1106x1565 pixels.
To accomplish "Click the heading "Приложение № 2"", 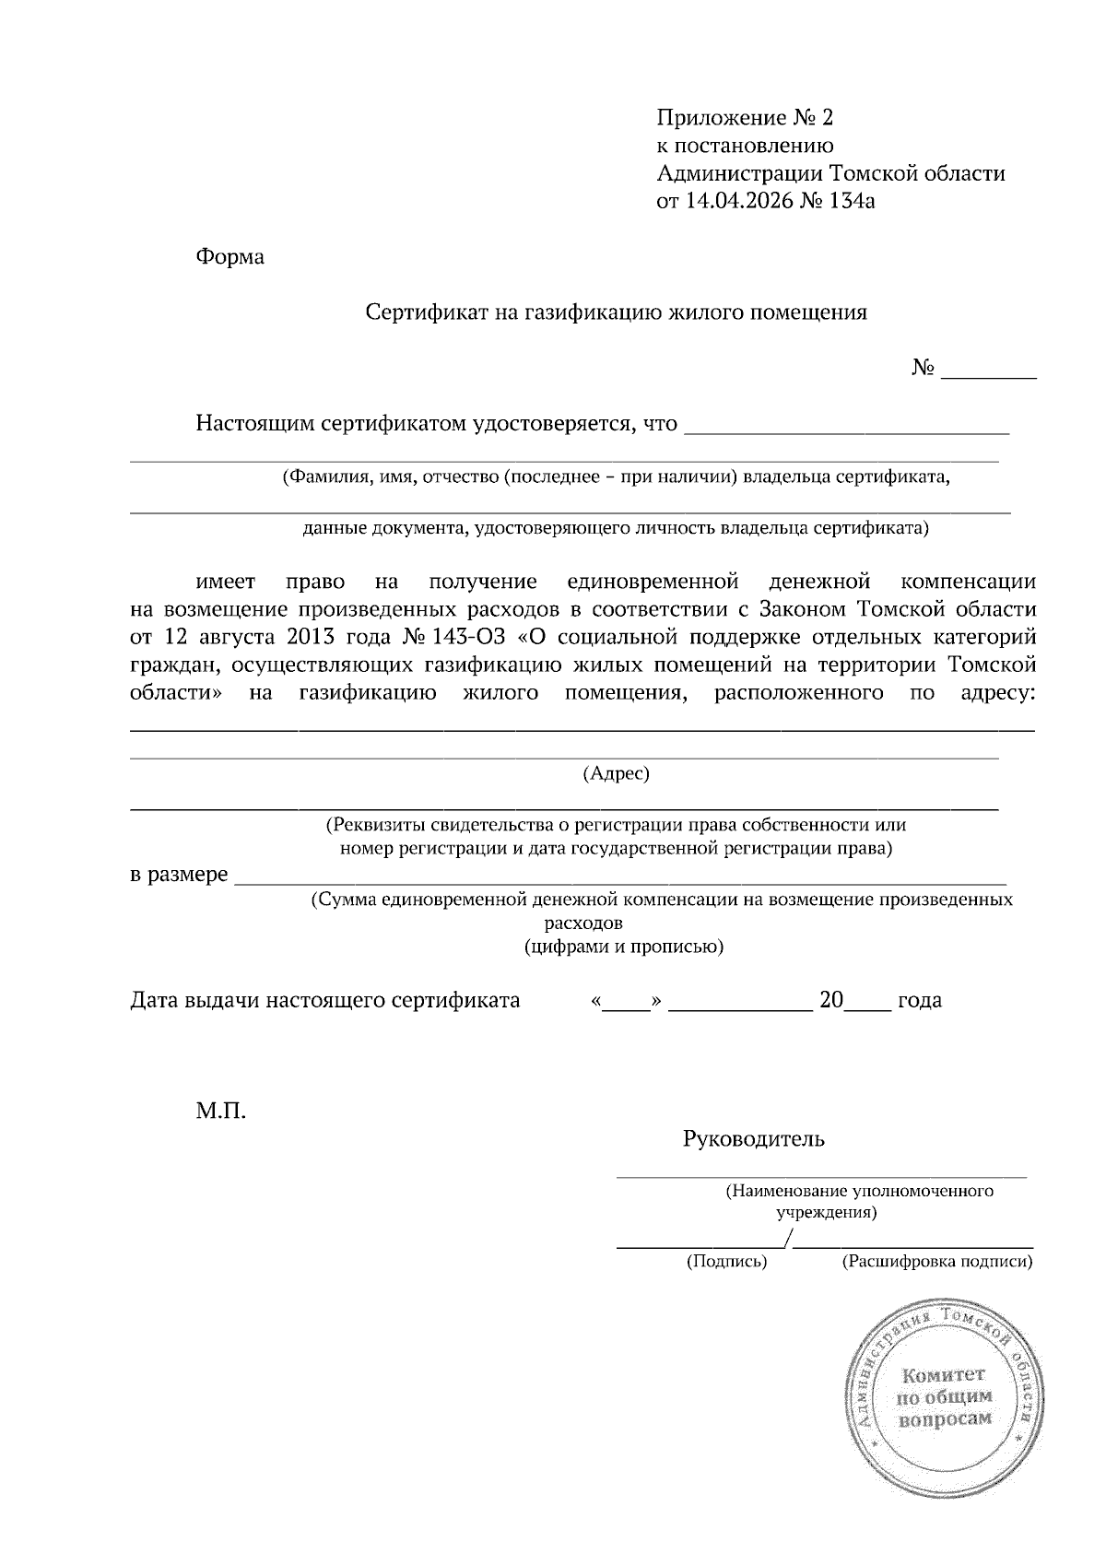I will point(745,118).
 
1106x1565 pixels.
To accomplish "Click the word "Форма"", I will point(229,257).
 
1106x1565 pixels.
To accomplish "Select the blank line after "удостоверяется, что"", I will point(849,427).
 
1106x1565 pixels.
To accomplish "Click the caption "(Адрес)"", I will point(617,774).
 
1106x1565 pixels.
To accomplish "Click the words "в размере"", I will point(179,875).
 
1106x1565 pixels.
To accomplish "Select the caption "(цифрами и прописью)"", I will point(623,947).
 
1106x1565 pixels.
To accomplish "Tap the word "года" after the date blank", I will point(919,1001).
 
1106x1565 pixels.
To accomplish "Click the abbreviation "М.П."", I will point(220,1112).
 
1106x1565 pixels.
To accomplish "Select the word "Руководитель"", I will point(753,1139).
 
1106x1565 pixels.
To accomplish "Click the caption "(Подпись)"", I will point(726,1262).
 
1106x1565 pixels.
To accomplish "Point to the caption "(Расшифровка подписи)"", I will point(936,1262).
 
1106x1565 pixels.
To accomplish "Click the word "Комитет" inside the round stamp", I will point(945,1377).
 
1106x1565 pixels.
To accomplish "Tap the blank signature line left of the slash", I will point(699,1244).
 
